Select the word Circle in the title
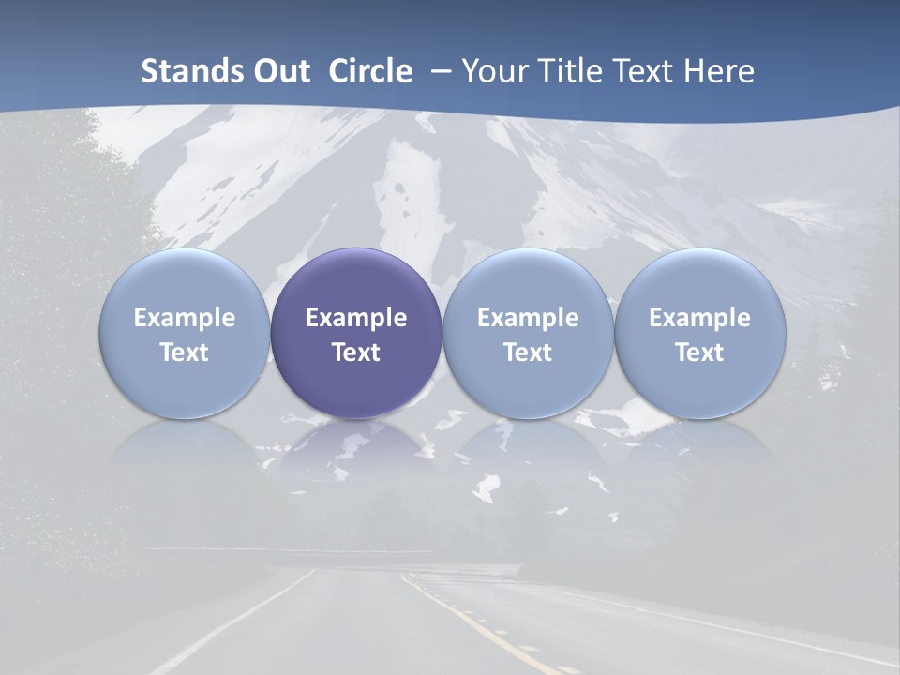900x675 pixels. (370, 71)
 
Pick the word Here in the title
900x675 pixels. (719, 71)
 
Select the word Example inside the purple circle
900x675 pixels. (356, 318)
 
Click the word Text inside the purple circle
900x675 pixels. (356, 352)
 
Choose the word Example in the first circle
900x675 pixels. (185, 318)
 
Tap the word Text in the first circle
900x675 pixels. (185, 352)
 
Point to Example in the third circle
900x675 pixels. (528, 318)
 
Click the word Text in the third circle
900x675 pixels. (528, 352)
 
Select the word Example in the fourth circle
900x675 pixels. (700, 318)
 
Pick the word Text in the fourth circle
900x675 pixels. (700, 352)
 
